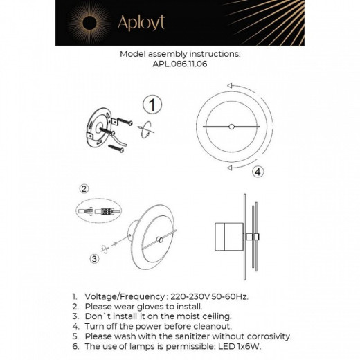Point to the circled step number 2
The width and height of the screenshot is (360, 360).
click(84, 188)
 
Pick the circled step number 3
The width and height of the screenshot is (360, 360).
click(93, 259)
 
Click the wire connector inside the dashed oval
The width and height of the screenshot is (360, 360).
click(104, 210)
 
